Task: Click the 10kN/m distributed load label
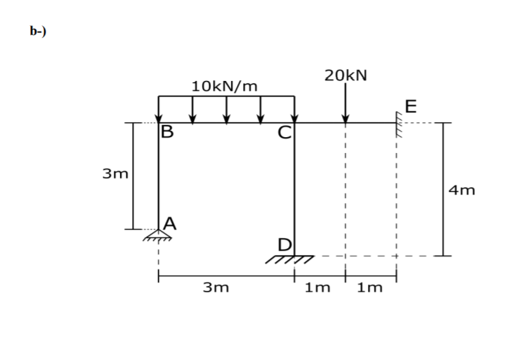click(225, 86)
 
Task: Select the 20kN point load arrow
click(346, 103)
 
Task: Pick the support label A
click(169, 222)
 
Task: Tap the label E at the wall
click(410, 106)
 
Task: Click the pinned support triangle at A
click(158, 235)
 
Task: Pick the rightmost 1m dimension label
click(371, 288)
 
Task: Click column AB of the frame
click(158, 178)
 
